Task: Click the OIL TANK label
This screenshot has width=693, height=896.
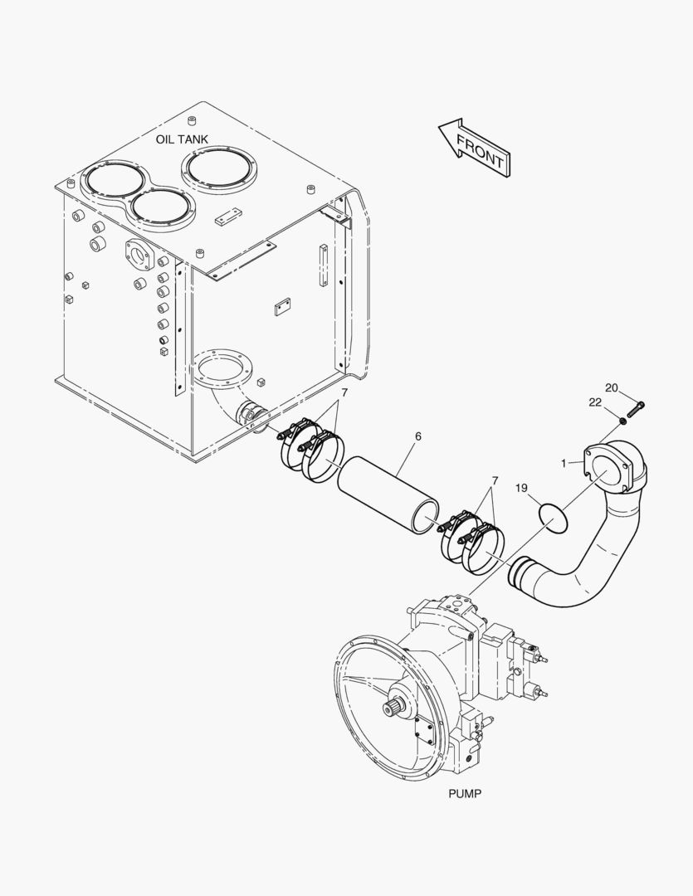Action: click(182, 139)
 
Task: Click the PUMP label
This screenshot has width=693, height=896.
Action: click(465, 793)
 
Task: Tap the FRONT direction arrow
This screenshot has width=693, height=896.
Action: click(475, 147)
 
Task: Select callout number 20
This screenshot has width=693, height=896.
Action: click(611, 388)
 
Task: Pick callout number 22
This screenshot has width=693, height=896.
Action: click(595, 402)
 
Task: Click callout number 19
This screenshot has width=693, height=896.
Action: click(521, 488)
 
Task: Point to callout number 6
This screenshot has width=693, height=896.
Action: click(418, 436)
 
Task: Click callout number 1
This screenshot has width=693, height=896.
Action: click(564, 463)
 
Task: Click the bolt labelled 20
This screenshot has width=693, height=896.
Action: click(636, 409)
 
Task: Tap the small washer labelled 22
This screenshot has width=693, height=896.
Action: click(622, 421)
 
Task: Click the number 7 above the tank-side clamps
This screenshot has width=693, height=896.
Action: click(344, 393)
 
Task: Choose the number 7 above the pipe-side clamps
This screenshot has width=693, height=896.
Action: click(495, 480)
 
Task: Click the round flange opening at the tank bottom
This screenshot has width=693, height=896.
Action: click(222, 368)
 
